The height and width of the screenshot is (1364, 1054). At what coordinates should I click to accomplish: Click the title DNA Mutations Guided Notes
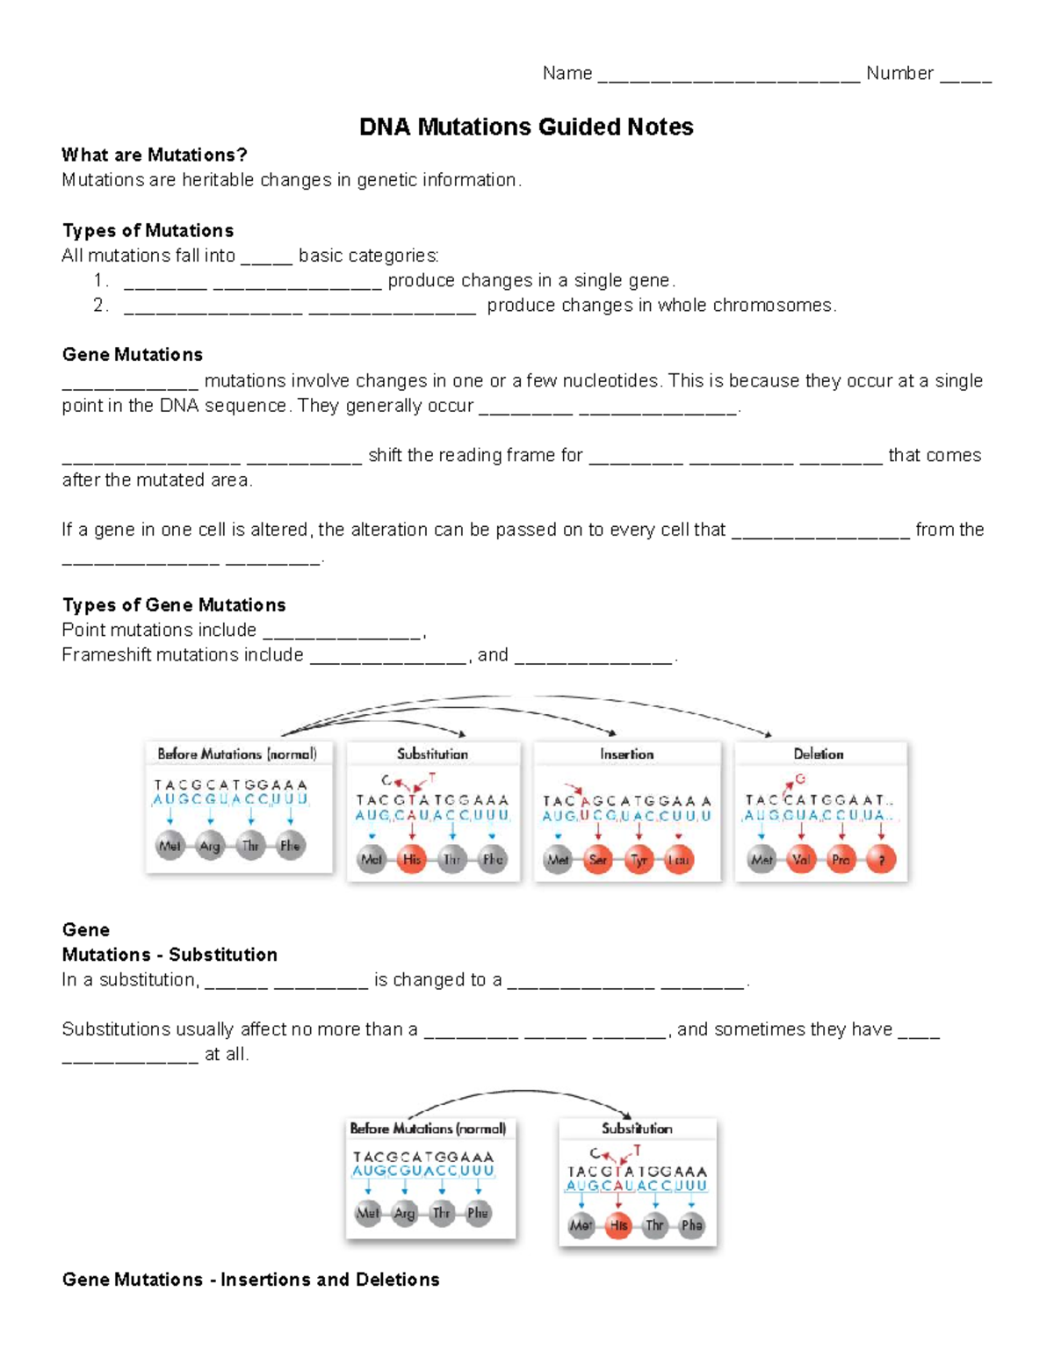tap(526, 127)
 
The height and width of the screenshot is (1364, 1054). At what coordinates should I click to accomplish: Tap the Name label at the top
tap(567, 73)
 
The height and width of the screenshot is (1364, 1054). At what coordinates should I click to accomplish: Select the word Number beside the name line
tap(899, 73)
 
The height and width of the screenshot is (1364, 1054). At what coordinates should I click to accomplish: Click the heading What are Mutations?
tap(155, 155)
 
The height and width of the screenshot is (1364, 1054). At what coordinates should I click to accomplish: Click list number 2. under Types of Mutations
tap(100, 306)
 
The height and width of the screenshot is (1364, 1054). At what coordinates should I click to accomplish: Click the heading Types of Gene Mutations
tap(174, 605)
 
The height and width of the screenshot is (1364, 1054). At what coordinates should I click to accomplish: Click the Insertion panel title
tap(626, 754)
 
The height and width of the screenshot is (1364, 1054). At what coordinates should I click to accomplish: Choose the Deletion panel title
tap(818, 754)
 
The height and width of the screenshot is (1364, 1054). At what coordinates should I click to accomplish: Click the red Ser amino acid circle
tap(598, 860)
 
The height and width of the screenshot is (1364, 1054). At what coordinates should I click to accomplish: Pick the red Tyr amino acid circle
tap(639, 860)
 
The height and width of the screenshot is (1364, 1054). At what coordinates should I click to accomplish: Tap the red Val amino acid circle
tap(801, 860)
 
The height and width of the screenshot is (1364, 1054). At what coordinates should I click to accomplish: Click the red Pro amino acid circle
tap(841, 860)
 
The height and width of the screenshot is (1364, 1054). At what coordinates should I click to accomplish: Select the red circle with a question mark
tap(882, 860)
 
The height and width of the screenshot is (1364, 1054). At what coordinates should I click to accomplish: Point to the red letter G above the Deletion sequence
tap(800, 779)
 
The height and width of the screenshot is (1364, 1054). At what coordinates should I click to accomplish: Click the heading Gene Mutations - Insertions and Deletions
tap(250, 1280)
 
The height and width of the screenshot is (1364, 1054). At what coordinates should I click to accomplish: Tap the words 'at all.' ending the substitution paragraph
tap(227, 1055)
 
